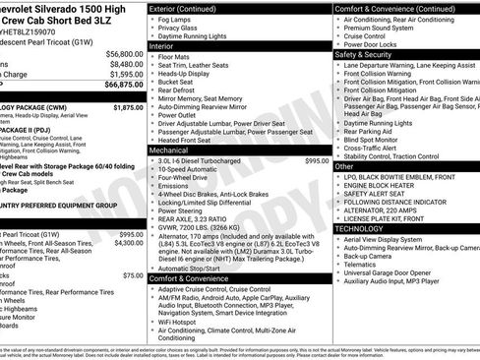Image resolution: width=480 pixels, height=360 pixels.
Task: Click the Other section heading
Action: click(344, 166)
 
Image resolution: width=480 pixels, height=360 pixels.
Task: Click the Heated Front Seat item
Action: click(196, 140)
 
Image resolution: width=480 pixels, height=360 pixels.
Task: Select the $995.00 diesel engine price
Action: click(317, 160)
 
